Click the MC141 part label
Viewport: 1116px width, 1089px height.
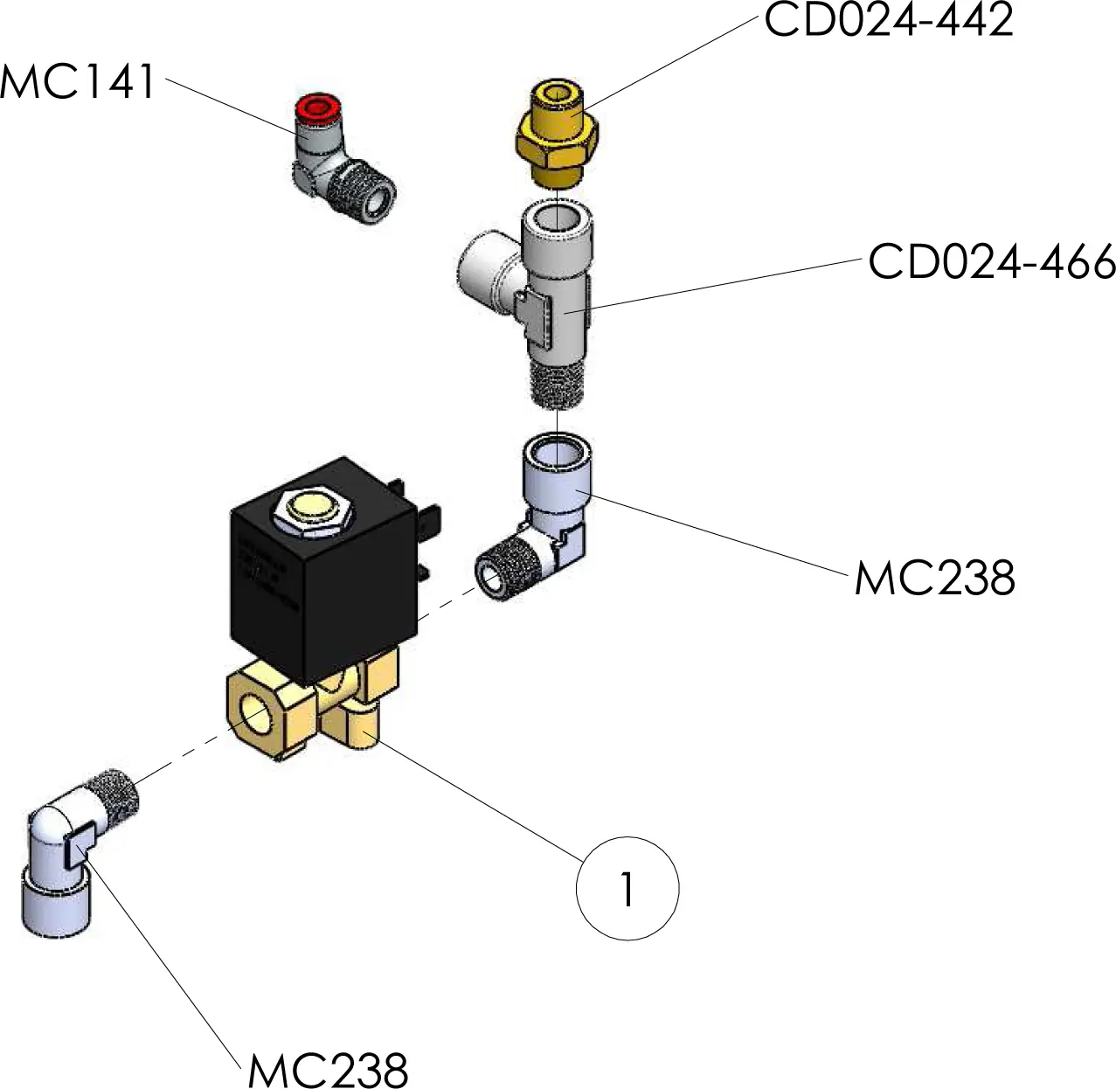tap(78, 82)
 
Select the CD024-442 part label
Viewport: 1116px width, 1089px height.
tap(888, 19)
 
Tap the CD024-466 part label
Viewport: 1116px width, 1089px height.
tap(991, 261)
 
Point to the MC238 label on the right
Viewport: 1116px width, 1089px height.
tap(934, 579)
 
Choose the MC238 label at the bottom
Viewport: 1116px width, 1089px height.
tap(328, 1070)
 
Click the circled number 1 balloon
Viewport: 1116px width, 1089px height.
tap(627, 889)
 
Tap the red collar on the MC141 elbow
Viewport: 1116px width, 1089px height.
tap(315, 108)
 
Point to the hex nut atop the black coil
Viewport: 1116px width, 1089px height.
tap(312, 511)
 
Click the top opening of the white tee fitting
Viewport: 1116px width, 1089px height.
tap(557, 218)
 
